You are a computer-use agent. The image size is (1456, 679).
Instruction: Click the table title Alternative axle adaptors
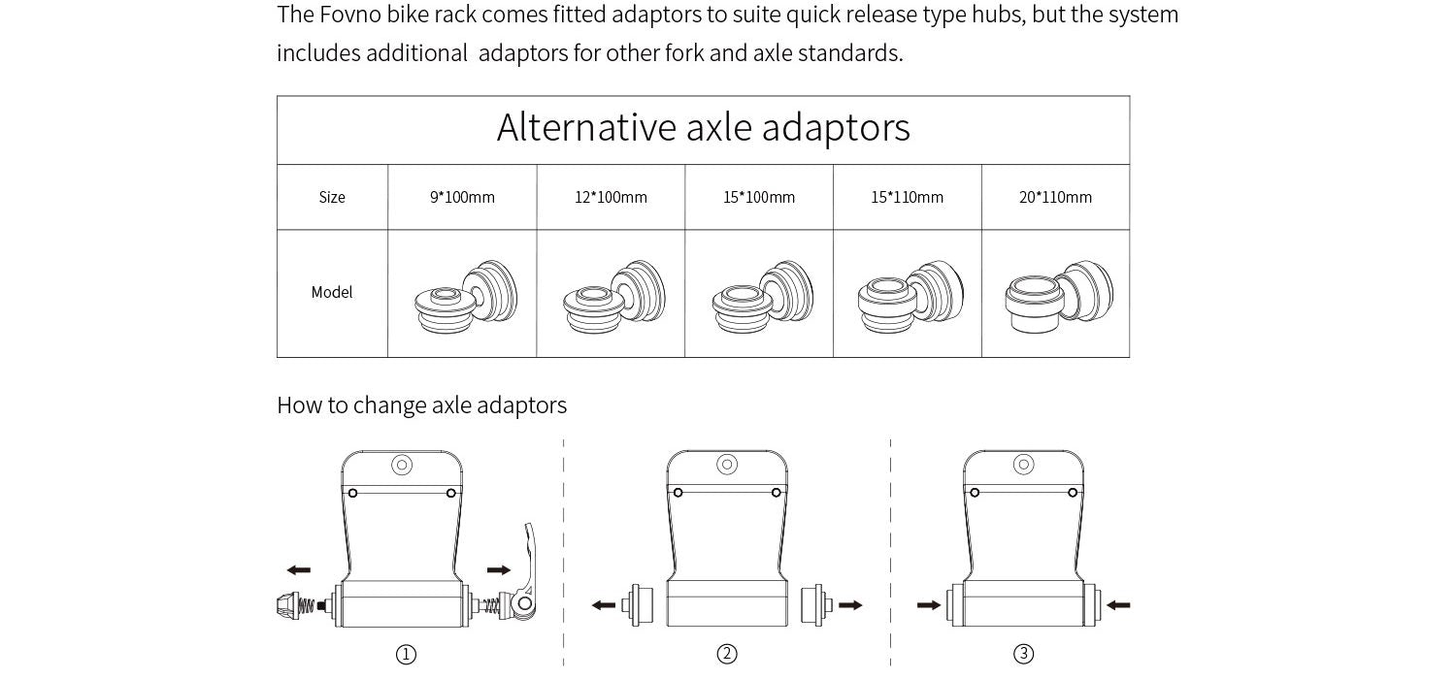point(703,128)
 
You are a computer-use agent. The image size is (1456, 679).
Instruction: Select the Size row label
point(332,197)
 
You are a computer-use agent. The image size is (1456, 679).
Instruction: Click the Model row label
point(332,292)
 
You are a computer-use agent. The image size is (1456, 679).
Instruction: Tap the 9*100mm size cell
point(462,197)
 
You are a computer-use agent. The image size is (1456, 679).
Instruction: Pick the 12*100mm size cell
point(611,197)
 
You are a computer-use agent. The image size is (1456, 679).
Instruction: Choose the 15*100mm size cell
point(759,197)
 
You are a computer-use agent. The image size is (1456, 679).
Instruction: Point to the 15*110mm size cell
point(907,197)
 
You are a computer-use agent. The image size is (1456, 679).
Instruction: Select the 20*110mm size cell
point(1055,197)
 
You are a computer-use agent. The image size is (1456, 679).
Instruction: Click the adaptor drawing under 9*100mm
point(465,296)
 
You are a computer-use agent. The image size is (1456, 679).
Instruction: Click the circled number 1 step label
point(407,655)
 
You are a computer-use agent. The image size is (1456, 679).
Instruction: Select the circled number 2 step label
point(727,655)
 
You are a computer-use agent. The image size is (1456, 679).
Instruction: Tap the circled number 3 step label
point(1023,655)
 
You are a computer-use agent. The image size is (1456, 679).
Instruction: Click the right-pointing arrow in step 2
point(850,605)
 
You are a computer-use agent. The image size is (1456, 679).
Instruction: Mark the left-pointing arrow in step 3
point(1118,605)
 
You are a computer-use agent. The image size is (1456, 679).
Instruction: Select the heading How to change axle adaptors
point(421,404)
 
